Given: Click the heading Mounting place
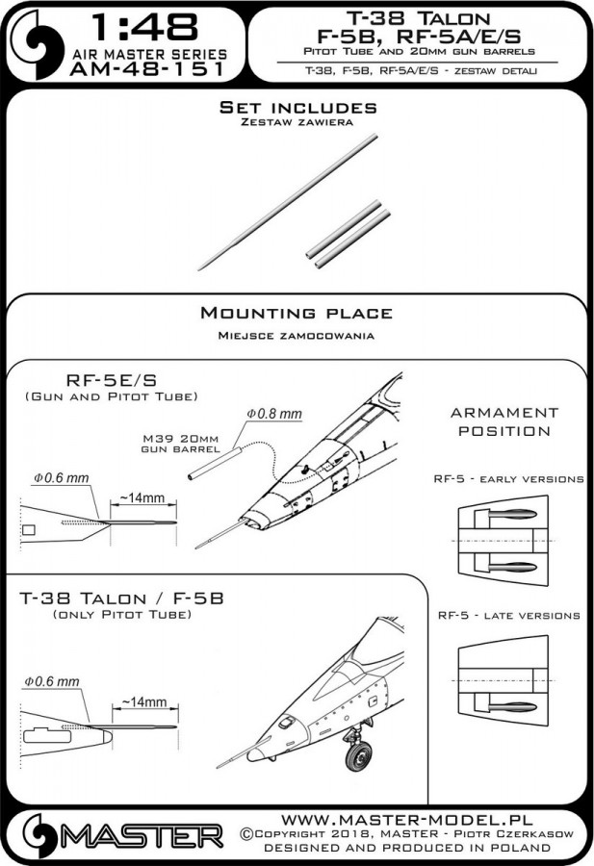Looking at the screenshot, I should (x=296, y=314).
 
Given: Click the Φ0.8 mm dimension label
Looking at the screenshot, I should (x=275, y=413).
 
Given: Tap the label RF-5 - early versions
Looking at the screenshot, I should (x=509, y=477).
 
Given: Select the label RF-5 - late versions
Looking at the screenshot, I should (x=508, y=615).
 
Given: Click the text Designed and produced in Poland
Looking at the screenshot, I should (x=408, y=848).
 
